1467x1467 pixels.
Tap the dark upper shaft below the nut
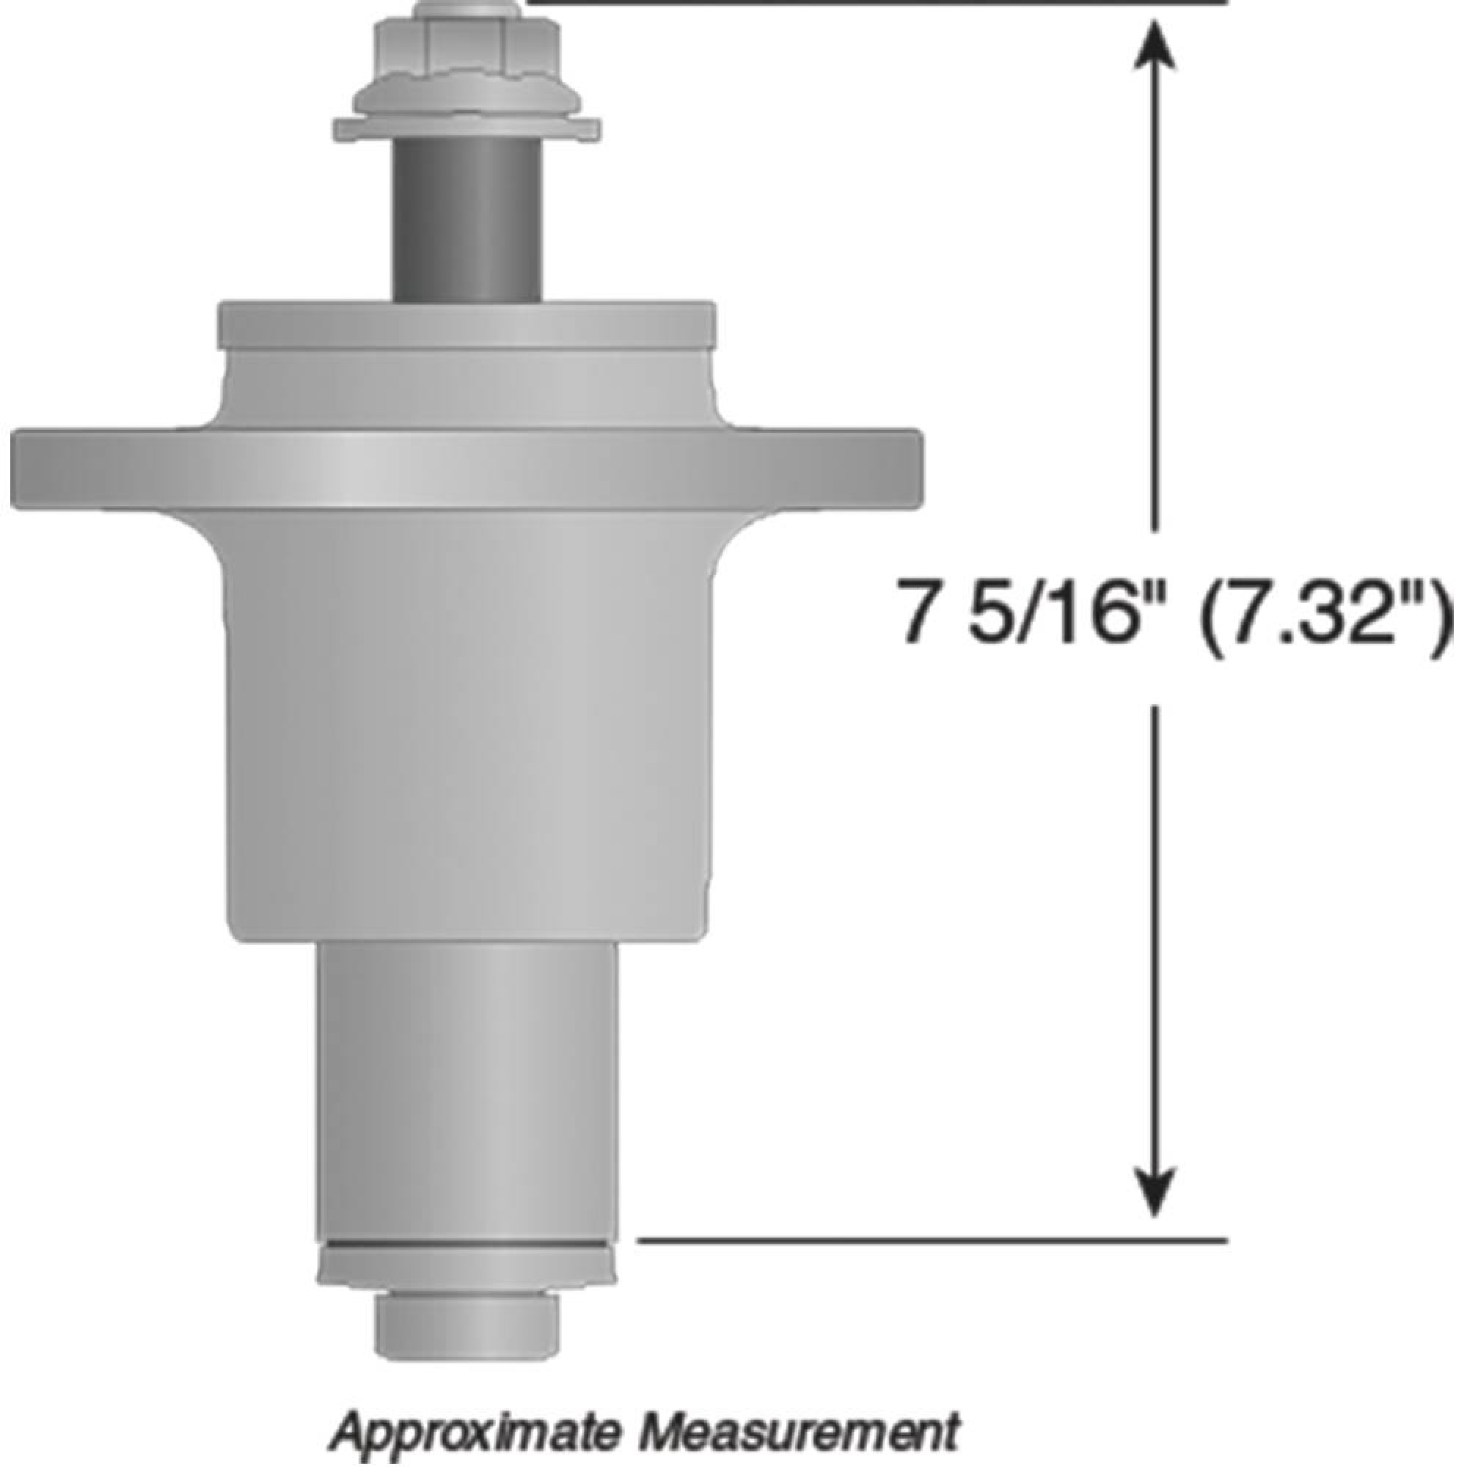pyautogui.click(x=467, y=220)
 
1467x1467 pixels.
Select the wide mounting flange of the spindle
pyautogui.click(x=467, y=467)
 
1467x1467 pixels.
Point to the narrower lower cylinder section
pyautogui.click(x=468, y=1056)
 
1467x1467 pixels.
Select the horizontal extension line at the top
pyautogui.click(x=873, y=2)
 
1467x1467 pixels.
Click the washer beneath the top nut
pyautogui.click(x=467, y=129)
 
